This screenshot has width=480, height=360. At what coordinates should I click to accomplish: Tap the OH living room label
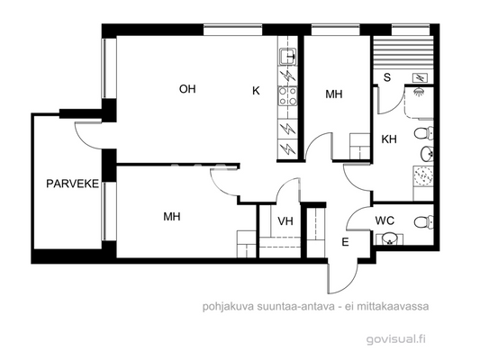(187, 88)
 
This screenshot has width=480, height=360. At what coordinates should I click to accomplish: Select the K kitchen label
(256, 90)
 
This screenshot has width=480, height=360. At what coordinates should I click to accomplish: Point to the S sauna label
(386, 76)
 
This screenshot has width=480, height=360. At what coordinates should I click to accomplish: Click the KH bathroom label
(389, 139)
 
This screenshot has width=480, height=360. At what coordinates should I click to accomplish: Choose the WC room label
(385, 220)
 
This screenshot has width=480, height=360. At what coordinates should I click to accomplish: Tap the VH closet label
(285, 221)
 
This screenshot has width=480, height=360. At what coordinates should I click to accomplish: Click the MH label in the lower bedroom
(172, 217)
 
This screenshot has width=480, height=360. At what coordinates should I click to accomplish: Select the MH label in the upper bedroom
(333, 94)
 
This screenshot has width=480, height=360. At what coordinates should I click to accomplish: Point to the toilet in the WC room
(420, 221)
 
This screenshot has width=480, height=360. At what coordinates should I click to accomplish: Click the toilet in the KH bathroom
(423, 134)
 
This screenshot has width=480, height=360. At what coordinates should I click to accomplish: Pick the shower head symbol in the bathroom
(420, 91)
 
